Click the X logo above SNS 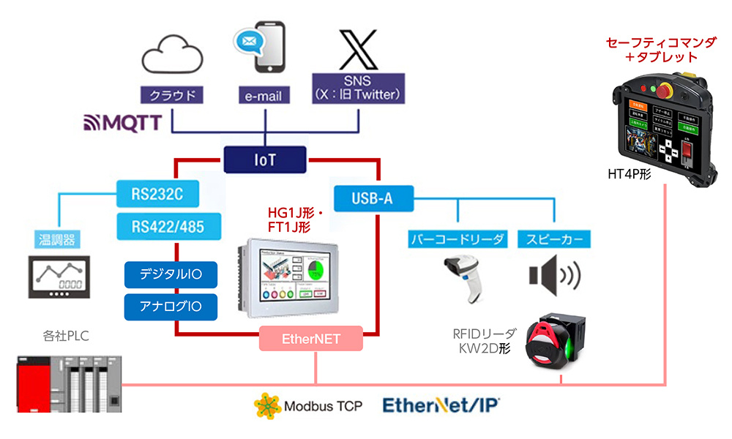(358, 49)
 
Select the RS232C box (157, 195)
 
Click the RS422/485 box (157, 226)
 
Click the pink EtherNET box (311, 339)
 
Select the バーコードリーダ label (457, 239)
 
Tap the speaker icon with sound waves (554, 275)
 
